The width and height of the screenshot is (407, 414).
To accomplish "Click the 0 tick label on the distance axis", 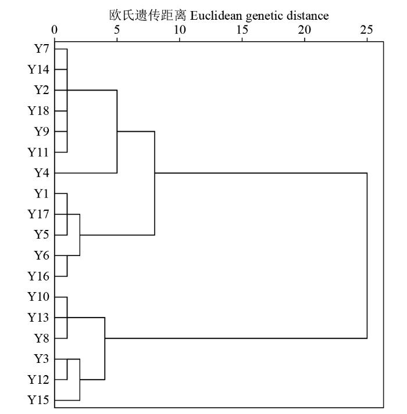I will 55,30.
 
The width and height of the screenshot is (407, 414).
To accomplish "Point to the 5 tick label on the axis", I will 117,30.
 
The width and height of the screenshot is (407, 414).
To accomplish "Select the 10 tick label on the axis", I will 180,30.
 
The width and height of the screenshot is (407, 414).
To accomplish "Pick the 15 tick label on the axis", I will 242,30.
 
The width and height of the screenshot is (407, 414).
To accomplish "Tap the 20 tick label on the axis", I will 305,30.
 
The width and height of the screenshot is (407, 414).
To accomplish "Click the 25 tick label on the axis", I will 367,30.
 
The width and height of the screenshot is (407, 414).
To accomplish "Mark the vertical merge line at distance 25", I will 367,255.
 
